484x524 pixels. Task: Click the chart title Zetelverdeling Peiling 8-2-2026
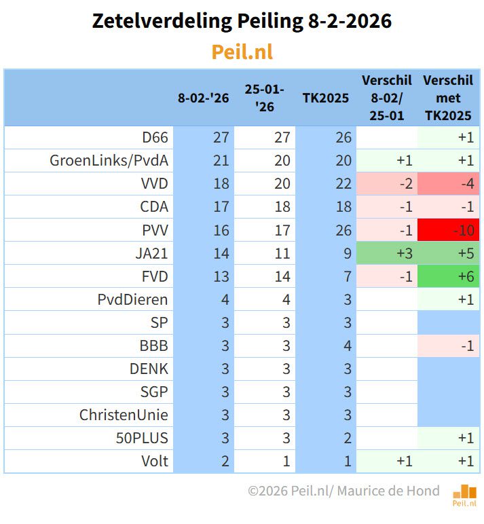pyautogui.click(x=242, y=22)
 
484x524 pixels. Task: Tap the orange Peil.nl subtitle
pyautogui.click(x=242, y=52)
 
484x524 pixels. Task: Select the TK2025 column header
pyautogui.click(x=325, y=98)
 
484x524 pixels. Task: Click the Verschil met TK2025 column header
pyautogui.click(x=448, y=98)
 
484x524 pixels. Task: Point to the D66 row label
pyautogui.click(x=155, y=138)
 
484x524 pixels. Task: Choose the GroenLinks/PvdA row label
pyautogui.click(x=109, y=161)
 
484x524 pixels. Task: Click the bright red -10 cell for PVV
pyautogui.click(x=449, y=230)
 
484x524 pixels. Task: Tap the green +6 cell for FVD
pyautogui.click(x=449, y=276)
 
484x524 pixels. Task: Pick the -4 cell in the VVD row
pyautogui.click(x=449, y=184)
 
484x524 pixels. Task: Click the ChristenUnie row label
pyautogui.click(x=124, y=415)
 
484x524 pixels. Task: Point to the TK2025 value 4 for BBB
pyautogui.click(x=347, y=345)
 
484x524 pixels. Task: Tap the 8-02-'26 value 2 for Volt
pyautogui.click(x=225, y=461)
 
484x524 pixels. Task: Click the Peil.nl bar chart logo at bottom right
pyautogui.click(x=464, y=495)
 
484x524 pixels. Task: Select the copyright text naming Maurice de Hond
pyautogui.click(x=343, y=491)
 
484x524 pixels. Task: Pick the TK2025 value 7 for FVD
pyautogui.click(x=347, y=276)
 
